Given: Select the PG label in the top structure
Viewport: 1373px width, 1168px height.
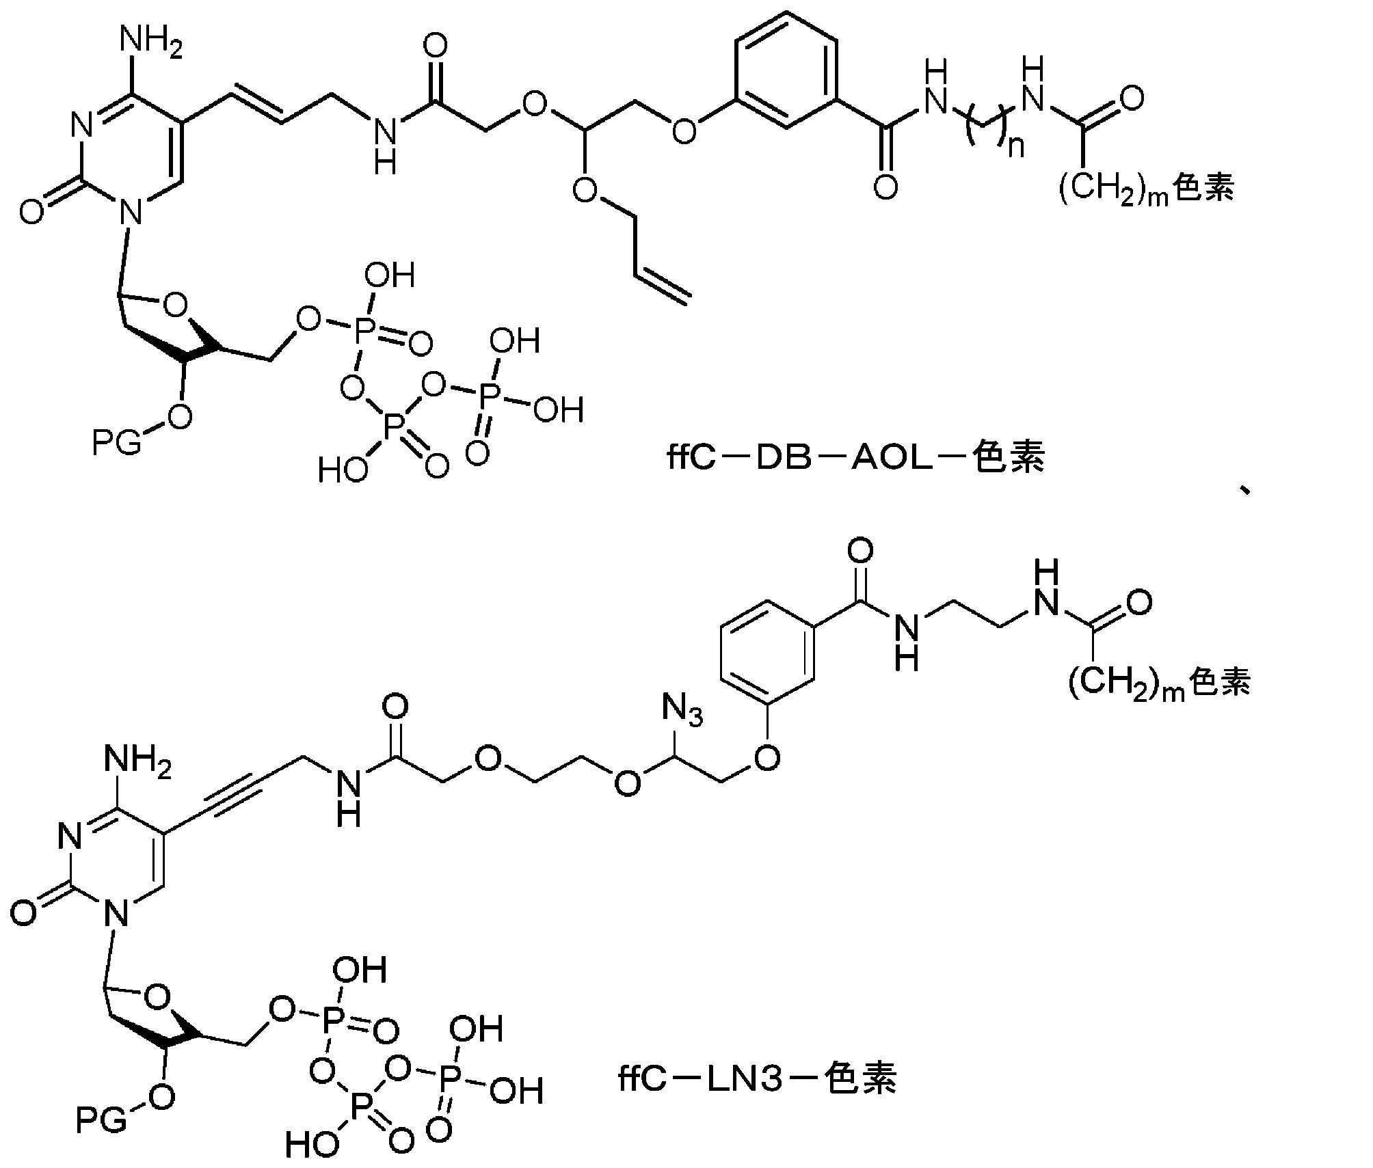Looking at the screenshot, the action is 117,444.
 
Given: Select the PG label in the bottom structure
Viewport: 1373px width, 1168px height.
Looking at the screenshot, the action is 101,1119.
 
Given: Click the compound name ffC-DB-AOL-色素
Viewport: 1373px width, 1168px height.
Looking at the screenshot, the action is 856,457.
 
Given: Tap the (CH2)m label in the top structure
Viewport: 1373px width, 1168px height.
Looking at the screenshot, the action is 1114,189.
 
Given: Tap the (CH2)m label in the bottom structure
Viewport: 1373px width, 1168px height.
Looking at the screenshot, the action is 1126,683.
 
